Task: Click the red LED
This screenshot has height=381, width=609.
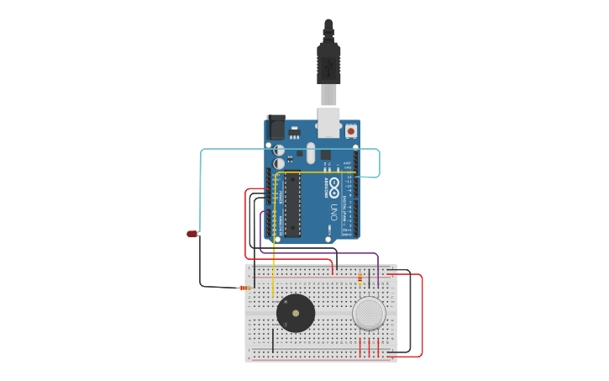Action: click(x=192, y=234)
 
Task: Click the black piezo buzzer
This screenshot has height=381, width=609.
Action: click(x=296, y=313)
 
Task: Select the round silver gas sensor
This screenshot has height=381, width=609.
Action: click(x=369, y=313)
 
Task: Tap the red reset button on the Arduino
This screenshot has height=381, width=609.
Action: click(x=350, y=130)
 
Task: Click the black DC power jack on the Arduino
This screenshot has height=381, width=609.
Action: click(x=276, y=127)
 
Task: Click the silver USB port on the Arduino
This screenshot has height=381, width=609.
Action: click(x=328, y=122)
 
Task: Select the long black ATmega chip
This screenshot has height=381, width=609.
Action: click(x=292, y=204)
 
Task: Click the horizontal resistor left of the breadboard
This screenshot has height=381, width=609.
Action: click(x=244, y=288)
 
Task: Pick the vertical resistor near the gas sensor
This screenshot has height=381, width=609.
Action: click(x=360, y=278)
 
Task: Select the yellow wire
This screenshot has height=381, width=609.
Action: click(x=273, y=252)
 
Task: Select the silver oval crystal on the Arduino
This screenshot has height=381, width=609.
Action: click(x=311, y=153)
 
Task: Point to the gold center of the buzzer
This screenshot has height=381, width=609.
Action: click(x=296, y=313)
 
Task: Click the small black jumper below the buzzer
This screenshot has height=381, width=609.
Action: click(x=272, y=340)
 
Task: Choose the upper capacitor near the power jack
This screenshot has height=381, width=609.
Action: click(x=279, y=150)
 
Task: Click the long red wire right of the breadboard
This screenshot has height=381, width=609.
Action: click(x=422, y=315)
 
